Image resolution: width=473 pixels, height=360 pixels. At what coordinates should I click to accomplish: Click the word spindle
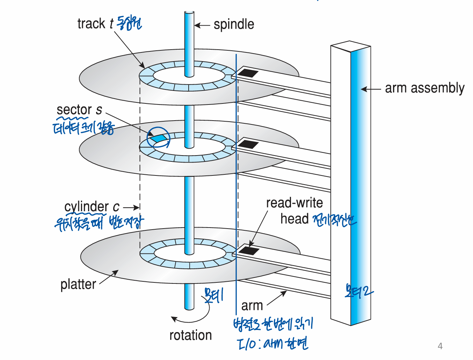click(x=234, y=24)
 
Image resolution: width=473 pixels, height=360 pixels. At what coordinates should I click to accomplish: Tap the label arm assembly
click(x=424, y=88)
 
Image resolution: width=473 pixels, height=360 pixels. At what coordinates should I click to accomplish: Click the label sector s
click(x=79, y=110)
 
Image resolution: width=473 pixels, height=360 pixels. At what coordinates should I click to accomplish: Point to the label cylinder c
click(x=92, y=207)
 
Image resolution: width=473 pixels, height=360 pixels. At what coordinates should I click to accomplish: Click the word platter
click(x=78, y=284)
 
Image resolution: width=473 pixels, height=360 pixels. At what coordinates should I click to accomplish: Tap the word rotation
click(x=190, y=335)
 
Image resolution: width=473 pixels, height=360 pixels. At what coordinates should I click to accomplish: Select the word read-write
click(x=294, y=203)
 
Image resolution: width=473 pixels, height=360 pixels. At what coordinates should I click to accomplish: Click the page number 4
click(x=440, y=346)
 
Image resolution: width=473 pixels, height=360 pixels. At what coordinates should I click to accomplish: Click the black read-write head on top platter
click(x=248, y=73)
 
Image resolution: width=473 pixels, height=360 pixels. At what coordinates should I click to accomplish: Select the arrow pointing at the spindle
click(x=202, y=25)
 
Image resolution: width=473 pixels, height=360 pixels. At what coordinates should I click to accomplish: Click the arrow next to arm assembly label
click(x=370, y=89)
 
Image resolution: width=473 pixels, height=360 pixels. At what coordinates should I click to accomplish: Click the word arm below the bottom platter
click(x=252, y=305)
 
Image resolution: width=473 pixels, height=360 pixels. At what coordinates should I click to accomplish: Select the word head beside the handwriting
click(x=294, y=219)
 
